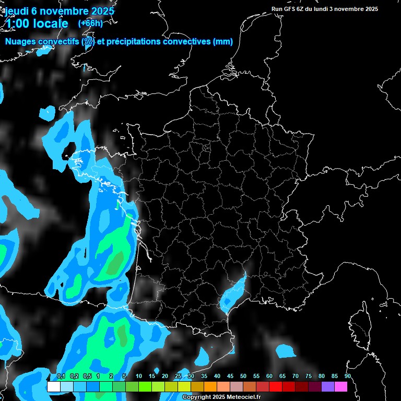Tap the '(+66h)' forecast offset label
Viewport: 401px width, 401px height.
pyautogui.click(x=90, y=23)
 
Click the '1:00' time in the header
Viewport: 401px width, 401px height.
pyautogui.click(x=17, y=23)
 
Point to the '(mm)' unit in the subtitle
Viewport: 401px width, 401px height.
pyautogui.click(x=223, y=42)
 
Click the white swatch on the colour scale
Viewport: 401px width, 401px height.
pyautogui.click(x=53, y=387)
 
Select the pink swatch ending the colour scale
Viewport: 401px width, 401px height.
pyautogui.click(x=341, y=387)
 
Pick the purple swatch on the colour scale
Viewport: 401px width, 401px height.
pyautogui.click(x=328, y=387)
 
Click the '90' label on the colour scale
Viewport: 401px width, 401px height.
pyautogui.click(x=347, y=376)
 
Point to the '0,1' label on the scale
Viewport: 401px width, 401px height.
pyautogui.click(x=61, y=376)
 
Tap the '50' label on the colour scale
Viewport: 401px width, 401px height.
pyautogui.click(x=243, y=376)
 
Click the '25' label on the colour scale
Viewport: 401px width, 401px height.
pyautogui.click(x=178, y=376)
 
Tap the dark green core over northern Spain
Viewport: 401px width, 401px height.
pyautogui.click(x=123, y=335)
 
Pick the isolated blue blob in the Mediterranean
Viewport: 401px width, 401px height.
pyautogui.click(x=285, y=351)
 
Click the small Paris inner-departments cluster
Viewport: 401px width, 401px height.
pyautogui.click(x=205, y=148)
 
